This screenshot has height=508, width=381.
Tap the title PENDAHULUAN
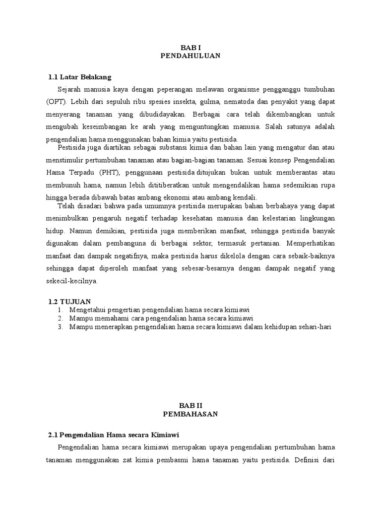tap(190, 56)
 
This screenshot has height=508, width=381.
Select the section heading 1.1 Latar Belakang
tap(80, 77)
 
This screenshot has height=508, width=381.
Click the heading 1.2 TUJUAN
tap(70, 302)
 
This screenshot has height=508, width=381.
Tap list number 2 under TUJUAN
tap(60, 318)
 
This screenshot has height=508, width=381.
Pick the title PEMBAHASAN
tap(190, 414)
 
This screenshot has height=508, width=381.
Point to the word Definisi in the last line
tap(310, 459)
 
